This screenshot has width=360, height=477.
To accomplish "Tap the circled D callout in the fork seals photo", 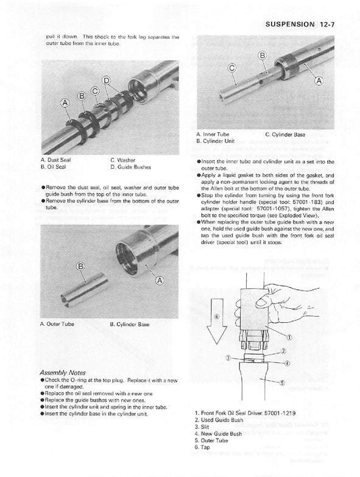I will [106, 81].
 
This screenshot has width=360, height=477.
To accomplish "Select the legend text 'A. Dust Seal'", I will [57, 160].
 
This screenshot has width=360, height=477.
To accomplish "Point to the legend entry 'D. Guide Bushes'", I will [130, 166].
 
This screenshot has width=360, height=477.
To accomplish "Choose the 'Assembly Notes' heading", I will [62, 372].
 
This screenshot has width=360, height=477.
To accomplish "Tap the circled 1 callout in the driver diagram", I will [288, 337].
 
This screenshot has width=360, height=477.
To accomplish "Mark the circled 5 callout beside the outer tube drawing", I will [281, 383].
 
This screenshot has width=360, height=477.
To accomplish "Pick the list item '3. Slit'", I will [203, 428].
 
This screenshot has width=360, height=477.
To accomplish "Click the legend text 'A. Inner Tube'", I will [213, 134].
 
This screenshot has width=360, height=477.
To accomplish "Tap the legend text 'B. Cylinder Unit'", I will [216, 140].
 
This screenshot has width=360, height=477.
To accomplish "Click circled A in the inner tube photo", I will [318, 80].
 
